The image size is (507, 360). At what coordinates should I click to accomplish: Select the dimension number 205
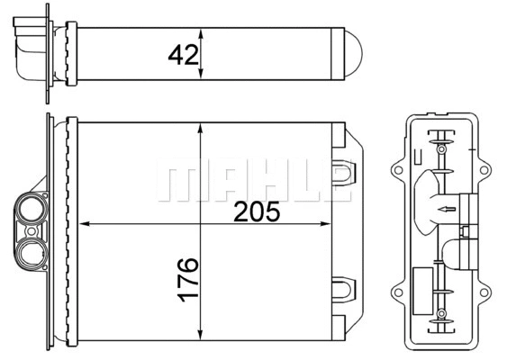(x=256, y=212)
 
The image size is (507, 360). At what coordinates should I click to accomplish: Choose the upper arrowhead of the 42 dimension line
(x=200, y=33)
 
